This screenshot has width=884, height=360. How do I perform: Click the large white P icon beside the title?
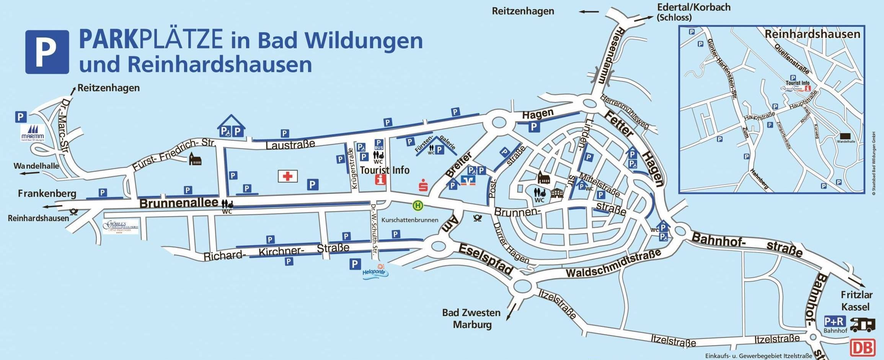tap(47, 52)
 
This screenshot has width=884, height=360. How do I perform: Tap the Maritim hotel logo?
tap(33, 133)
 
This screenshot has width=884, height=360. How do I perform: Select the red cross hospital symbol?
tap(287, 176)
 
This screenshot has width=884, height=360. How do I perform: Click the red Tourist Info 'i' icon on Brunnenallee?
tap(380, 180)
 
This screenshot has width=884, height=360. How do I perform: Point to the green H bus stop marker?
tap(418, 206)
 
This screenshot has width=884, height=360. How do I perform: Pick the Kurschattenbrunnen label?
tap(409, 220)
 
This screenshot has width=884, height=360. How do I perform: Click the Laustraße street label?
tap(290, 145)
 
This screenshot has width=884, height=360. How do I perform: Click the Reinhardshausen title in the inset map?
tap(812, 34)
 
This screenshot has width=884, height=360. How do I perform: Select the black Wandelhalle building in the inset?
tap(845, 136)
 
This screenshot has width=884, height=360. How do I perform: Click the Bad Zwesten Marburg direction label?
tap(471, 319)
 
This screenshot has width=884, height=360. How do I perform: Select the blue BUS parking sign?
tap(378, 145)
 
